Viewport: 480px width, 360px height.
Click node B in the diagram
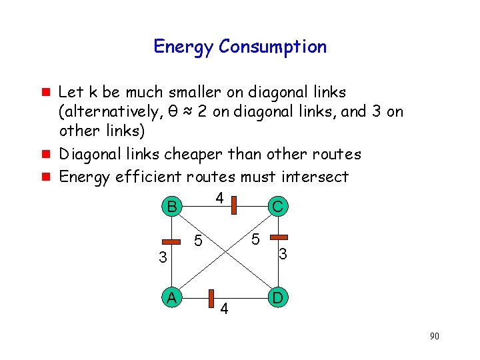(x=172, y=207)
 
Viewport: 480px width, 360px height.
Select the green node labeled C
(x=277, y=207)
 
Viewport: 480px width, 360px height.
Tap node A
(x=172, y=298)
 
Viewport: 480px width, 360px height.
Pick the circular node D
(x=278, y=297)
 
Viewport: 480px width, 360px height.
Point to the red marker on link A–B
(x=172, y=241)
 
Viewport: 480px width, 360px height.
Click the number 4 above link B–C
(x=219, y=197)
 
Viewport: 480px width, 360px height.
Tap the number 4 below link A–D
(x=225, y=309)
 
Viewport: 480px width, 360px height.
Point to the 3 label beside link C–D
(x=283, y=254)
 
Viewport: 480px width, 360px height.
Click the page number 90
(x=434, y=336)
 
